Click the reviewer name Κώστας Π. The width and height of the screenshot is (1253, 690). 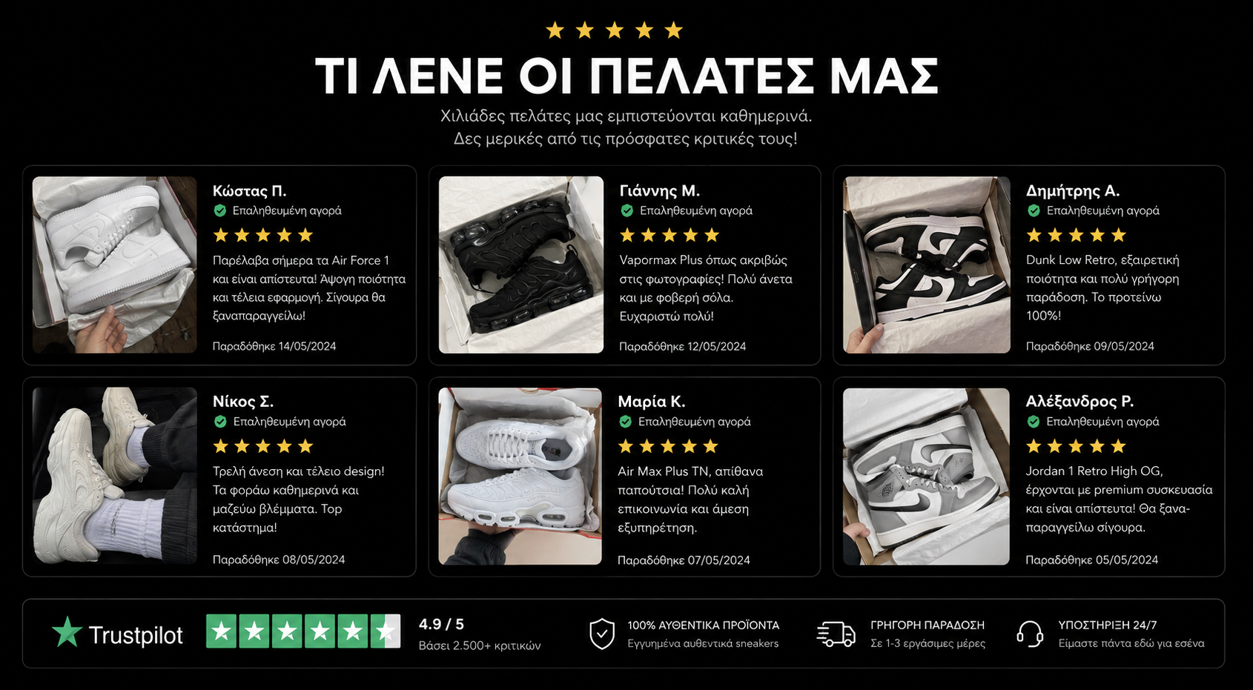(249, 191)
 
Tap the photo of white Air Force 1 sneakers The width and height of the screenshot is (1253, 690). (115, 265)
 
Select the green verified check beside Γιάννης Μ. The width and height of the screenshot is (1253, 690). (627, 210)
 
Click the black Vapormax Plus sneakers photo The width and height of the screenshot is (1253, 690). (520, 265)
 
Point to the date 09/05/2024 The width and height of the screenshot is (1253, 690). (1124, 347)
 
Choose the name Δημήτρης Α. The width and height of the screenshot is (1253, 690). (1072, 191)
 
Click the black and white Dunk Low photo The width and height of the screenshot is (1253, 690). (926, 265)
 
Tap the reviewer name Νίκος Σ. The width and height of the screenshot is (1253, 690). (242, 402)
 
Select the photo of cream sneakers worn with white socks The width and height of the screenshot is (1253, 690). (115, 476)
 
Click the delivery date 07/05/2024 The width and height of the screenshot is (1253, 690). (719, 560)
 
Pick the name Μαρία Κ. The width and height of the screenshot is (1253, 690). (651, 402)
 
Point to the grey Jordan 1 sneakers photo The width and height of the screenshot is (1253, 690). (926, 477)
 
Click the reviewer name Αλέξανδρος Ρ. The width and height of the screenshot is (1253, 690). (1080, 402)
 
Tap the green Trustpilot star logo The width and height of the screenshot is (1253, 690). (67, 632)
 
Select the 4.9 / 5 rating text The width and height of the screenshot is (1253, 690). (441, 624)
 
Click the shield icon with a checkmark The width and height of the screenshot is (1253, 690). (602, 634)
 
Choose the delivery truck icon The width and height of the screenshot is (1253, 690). (836, 634)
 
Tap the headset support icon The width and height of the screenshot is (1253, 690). (1030, 634)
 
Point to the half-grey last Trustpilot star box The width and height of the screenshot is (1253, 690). (386, 631)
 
